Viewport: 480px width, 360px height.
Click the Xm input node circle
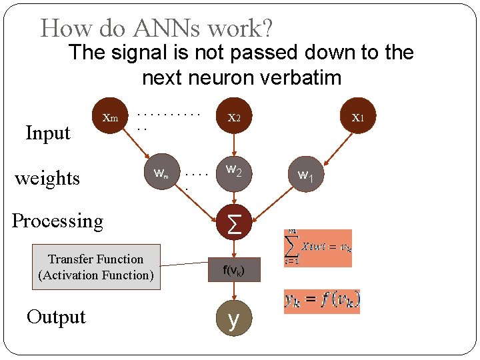tap(110, 118)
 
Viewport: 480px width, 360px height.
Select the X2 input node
tap(234, 118)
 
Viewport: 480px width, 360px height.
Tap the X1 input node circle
tap(357, 118)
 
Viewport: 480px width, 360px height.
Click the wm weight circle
tap(161, 175)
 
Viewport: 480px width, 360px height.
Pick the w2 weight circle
tap(233, 173)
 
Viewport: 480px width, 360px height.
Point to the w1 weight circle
tap(305, 176)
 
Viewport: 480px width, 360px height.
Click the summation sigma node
tap(234, 221)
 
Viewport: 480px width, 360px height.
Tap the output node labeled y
tap(233, 319)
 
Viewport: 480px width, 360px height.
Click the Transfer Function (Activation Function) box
tap(96, 267)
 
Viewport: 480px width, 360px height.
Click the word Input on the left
tap(47, 133)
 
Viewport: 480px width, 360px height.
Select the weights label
tap(47, 179)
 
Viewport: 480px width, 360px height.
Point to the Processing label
tap(58, 221)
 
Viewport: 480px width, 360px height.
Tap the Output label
tap(56, 317)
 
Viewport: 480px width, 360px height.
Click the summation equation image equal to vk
tap(318, 247)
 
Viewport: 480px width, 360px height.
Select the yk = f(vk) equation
tap(322, 301)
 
